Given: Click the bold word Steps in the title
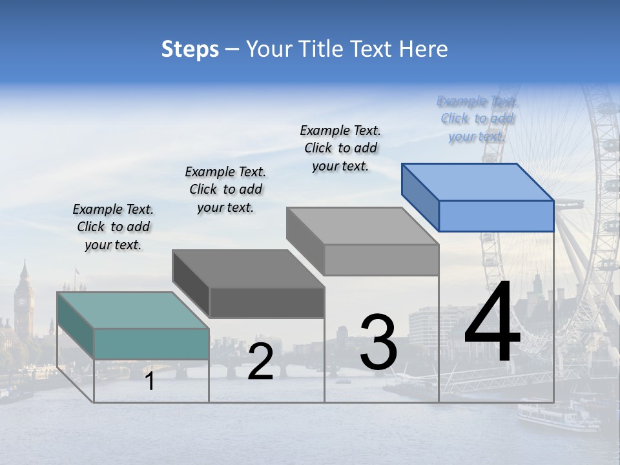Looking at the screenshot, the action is (x=190, y=49).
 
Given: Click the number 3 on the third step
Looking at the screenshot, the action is (x=378, y=342).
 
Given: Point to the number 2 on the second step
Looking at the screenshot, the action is (x=260, y=362).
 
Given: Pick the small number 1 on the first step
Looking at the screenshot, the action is (x=150, y=381).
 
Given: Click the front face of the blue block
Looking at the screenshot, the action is (x=496, y=216).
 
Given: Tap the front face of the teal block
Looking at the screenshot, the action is (x=151, y=344).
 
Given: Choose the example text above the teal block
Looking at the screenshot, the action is (x=113, y=227).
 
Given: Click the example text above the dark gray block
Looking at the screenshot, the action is (x=225, y=189).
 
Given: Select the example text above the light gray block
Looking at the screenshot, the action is (x=340, y=148).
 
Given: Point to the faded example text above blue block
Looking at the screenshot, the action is (x=477, y=118).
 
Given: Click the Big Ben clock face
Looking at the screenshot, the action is (x=24, y=301).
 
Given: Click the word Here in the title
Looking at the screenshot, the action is (x=426, y=49).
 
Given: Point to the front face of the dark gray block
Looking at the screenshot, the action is (x=267, y=302).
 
